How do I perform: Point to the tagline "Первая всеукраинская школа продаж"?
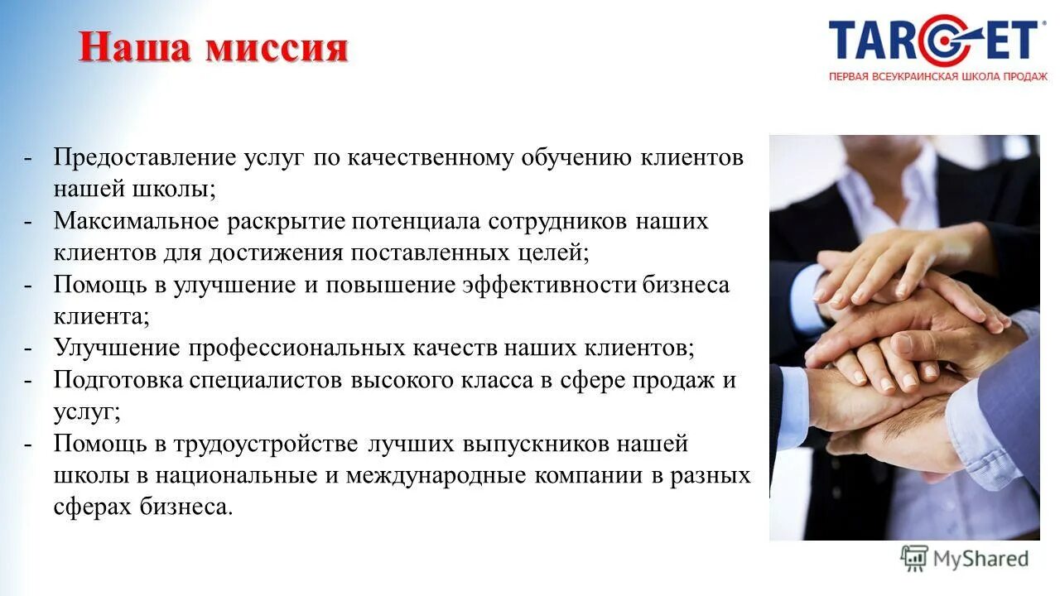(x=938, y=77)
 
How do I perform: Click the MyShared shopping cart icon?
(x=914, y=559)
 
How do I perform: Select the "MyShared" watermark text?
(x=980, y=559)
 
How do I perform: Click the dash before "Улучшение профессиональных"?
(x=28, y=348)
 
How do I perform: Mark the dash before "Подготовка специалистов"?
(x=28, y=380)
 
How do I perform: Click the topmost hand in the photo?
(x=894, y=257)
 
